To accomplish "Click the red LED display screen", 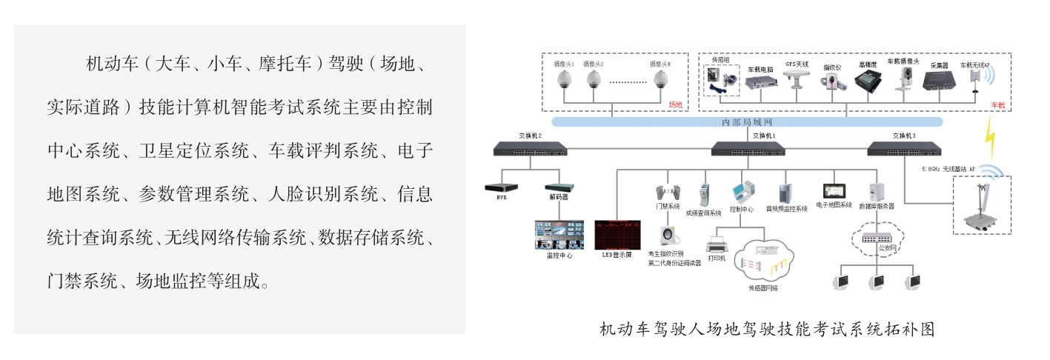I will click(x=617, y=233).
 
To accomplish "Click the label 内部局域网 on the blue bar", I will click(x=748, y=121).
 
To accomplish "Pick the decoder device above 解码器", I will click(x=559, y=189).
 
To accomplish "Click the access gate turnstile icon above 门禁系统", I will click(x=666, y=191).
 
